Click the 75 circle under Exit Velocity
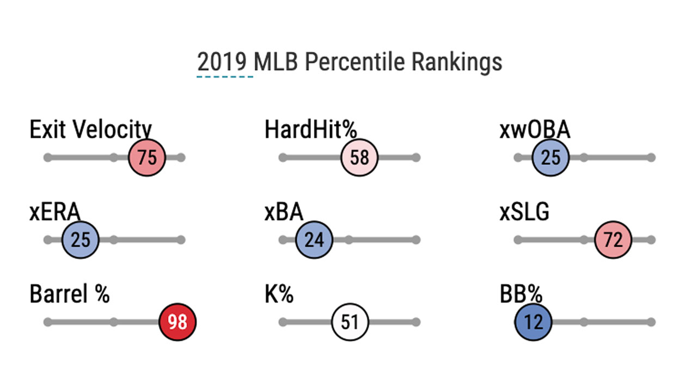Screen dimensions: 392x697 146,158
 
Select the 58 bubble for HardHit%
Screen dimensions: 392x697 359,158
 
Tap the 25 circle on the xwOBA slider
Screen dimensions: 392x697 551,158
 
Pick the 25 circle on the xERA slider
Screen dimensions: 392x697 81,240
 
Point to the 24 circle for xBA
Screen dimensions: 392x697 314,240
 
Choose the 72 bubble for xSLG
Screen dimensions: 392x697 613,240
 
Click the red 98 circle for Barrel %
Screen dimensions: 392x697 177,322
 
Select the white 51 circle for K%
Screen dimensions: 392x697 350,322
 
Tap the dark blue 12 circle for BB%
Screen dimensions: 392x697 534,322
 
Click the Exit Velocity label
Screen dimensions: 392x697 90,131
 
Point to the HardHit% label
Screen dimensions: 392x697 310,131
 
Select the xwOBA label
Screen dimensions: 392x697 535,131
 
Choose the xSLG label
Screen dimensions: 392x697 524,212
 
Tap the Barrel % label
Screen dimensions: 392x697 70,295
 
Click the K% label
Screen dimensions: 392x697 279,295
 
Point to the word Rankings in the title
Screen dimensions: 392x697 456,63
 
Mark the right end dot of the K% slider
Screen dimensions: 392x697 416,322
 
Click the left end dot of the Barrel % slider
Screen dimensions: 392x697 48,322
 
